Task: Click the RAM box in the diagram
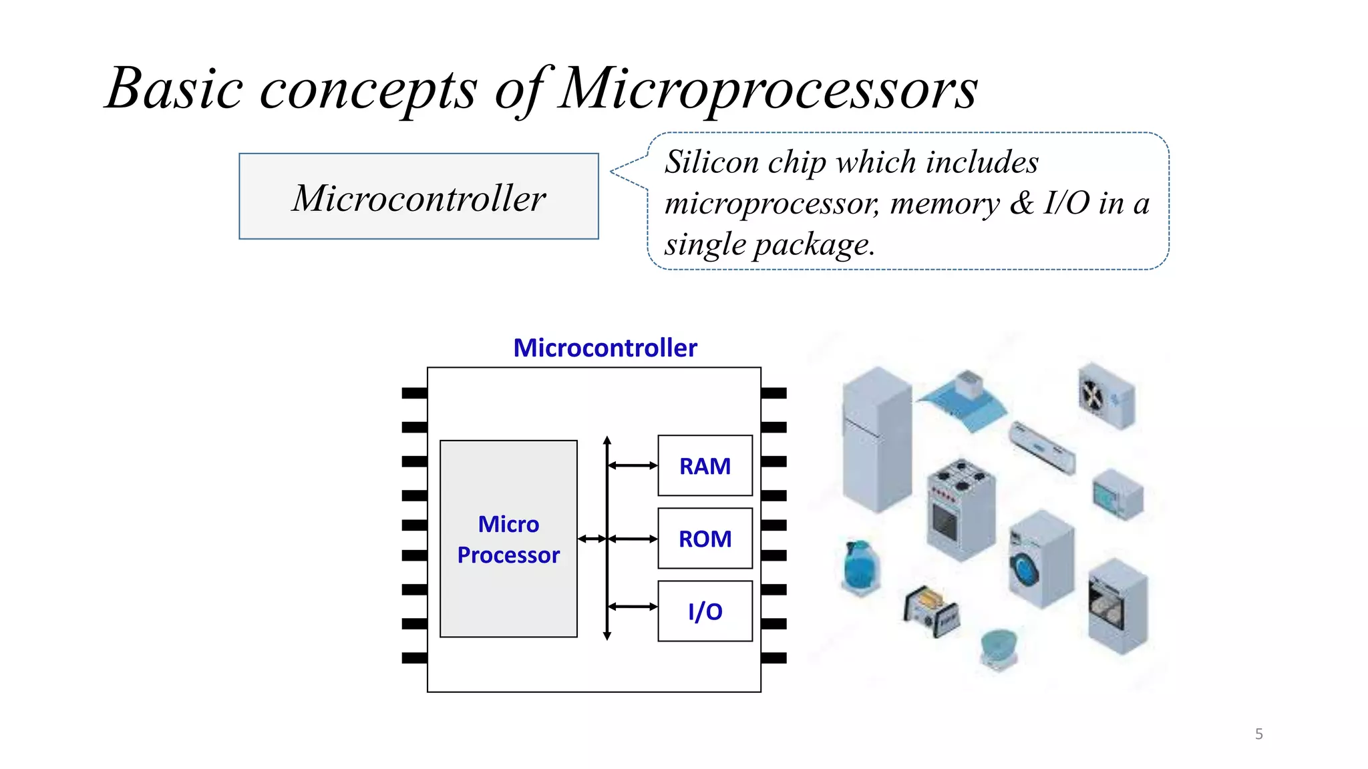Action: pyautogui.click(x=705, y=465)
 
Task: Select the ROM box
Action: pyautogui.click(x=705, y=538)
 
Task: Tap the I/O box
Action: pyautogui.click(x=705, y=611)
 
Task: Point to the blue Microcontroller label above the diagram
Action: pyautogui.click(x=605, y=348)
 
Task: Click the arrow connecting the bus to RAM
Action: pyautogui.click(x=633, y=465)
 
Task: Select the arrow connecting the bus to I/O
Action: pyautogui.click(x=633, y=606)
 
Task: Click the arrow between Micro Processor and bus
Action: pyautogui.click(x=592, y=539)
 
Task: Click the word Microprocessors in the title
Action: pyautogui.click(x=768, y=89)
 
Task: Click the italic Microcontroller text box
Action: pyautogui.click(x=419, y=197)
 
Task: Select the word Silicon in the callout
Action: pyautogui.click(x=711, y=162)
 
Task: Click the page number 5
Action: pyautogui.click(x=1258, y=734)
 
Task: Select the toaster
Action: pyautogui.click(x=930, y=609)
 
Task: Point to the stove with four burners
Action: pyautogui.click(x=961, y=507)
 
